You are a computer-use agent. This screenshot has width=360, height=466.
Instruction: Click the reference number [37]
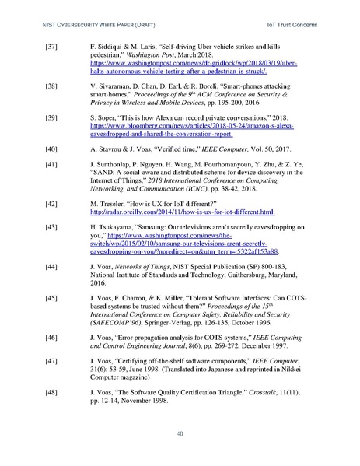[49, 48]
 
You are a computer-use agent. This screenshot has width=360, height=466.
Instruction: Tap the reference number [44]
[49, 267]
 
